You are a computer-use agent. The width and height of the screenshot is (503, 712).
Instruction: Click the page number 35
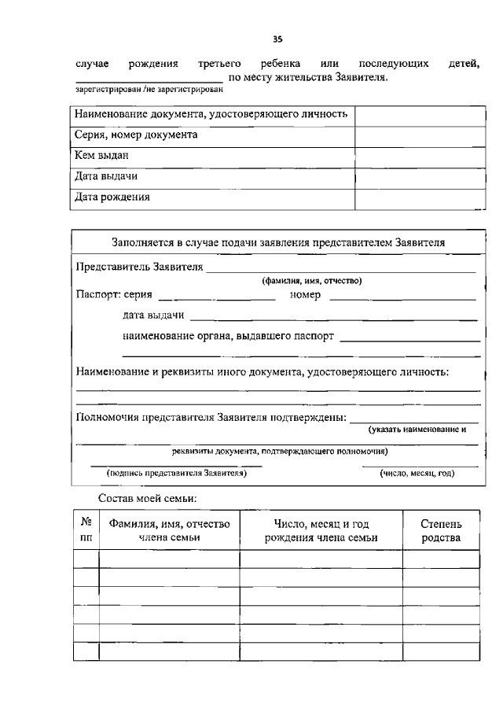click(277, 39)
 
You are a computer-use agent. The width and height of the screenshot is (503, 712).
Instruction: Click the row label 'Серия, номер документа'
click(136, 135)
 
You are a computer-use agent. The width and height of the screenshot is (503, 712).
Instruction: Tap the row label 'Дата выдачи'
click(106, 177)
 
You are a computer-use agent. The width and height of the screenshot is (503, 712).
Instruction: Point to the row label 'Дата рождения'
click(112, 197)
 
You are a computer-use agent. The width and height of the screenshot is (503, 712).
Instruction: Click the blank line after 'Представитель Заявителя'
click(341, 270)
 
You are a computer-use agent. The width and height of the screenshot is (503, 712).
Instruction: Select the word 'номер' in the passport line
click(305, 296)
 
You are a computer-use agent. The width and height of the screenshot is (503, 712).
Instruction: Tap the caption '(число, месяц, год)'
click(417, 474)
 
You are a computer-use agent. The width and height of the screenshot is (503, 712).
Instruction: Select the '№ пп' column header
click(86, 530)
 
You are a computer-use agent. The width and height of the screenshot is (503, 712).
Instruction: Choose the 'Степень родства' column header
click(441, 530)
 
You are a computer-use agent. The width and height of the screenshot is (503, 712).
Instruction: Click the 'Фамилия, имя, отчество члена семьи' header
click(169, 530)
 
